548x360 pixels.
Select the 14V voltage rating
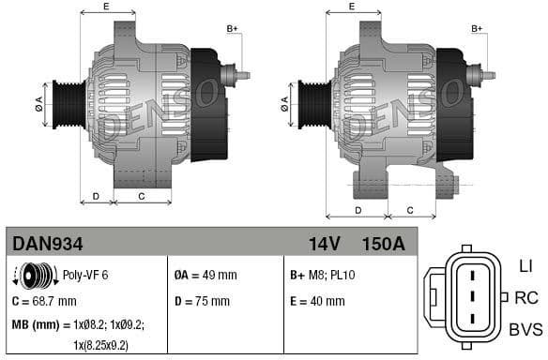(324, 243)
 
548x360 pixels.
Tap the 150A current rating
(383, 243)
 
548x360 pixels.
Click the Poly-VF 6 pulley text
(85, 276)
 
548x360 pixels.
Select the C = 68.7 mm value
(44, 301)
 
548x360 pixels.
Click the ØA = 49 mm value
(205, 276)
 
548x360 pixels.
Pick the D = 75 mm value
(202, 301)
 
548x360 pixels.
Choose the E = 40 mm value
(317, 301)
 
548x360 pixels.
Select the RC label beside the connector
(526, 298)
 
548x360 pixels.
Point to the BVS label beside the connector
(525, 330)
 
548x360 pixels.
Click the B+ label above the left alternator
(232, 29)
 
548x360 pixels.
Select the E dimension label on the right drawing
(351, 7)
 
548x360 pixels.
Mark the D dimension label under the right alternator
(358, 210)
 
